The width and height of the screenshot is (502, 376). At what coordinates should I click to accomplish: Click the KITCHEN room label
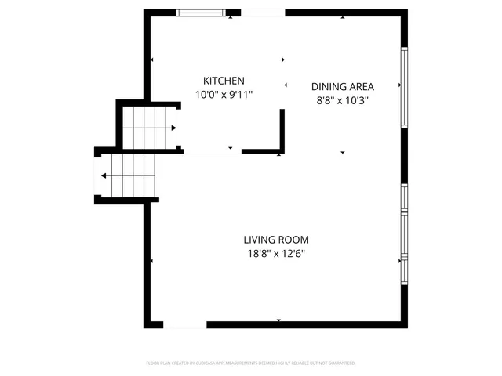pyautogui.click(x=224, y=81)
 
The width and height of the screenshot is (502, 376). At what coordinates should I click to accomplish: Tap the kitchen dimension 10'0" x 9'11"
pyautogui.click(x=224, y=94)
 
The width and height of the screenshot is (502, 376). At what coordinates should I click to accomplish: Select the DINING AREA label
pyautogui.click(x=343, y=87)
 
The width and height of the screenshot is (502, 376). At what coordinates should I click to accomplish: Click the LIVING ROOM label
pyautogui.click(x=275, y=240)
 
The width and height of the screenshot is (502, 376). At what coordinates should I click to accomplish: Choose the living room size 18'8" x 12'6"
pyautogui.click(x=275, y=253)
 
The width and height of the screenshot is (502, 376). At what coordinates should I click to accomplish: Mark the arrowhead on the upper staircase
pyautogui.click(x=172, y=128)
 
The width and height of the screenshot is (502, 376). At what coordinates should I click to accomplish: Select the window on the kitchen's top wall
pyautogui.click(x=201, y=13)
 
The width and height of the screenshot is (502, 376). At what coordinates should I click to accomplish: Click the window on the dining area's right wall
pyautogui.click(x=404, y=87)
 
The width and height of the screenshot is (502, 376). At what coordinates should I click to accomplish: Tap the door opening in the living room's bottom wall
pyautogui.click(x=185, y=324)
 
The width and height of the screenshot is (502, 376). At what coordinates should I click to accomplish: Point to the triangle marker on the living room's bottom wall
pyautogui.click(x=279, y=320)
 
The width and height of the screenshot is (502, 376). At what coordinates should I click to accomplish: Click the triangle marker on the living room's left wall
pyautogui.click(x=151, y=261)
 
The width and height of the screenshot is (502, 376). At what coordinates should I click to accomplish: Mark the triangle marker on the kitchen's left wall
pyautogui.click(x=151, y=60)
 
